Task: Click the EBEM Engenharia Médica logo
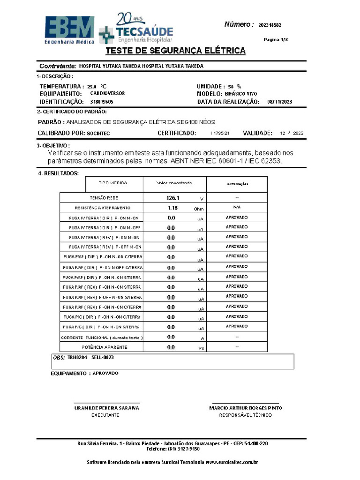(69, 30)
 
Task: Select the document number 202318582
(270, 25)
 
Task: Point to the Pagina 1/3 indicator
(276, 40)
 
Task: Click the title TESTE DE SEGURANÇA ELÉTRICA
(175, 51)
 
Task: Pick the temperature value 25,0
(91, 87)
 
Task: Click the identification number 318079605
(101, 102)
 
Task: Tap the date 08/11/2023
(279, 102)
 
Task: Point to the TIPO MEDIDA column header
(112, 183)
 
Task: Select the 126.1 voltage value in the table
(173, 198)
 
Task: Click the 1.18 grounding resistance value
(172, 208)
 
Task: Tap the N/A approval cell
(237, 207)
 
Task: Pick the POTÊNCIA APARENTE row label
(105, 347)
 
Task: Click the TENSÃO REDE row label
(104, 198)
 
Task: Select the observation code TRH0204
(77, 357)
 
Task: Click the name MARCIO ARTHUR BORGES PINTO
(246, 408)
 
